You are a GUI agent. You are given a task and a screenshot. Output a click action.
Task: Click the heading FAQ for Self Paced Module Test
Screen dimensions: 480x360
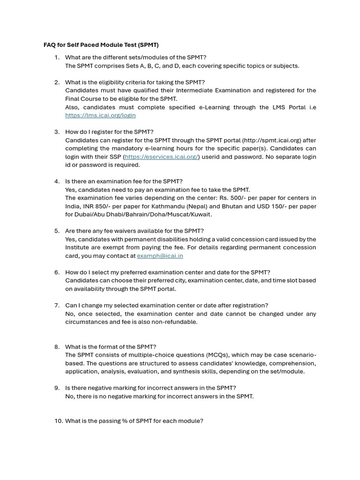(x=101, y=45)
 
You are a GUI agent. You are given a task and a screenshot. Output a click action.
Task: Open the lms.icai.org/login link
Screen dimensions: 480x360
(x=100, y=115)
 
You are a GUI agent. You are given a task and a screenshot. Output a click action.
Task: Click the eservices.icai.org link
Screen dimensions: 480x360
(x=161, y=157)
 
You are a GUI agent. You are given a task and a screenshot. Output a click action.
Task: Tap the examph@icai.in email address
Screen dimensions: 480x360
(x=160, y=256)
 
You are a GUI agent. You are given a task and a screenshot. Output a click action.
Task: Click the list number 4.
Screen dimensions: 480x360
(x=57, y=181)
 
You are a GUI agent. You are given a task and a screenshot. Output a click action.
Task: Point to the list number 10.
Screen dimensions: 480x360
(x=59, y=421)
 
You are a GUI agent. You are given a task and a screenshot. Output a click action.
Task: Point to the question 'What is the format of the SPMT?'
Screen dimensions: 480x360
(x=111, y=347)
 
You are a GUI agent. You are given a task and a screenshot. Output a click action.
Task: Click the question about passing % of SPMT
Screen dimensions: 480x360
(x=134, y=421)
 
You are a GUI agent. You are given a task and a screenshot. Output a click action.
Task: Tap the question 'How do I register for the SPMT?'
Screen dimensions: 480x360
(x=109, y=132)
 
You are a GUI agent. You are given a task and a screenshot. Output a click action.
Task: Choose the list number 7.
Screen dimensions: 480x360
(x=57, y=305)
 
